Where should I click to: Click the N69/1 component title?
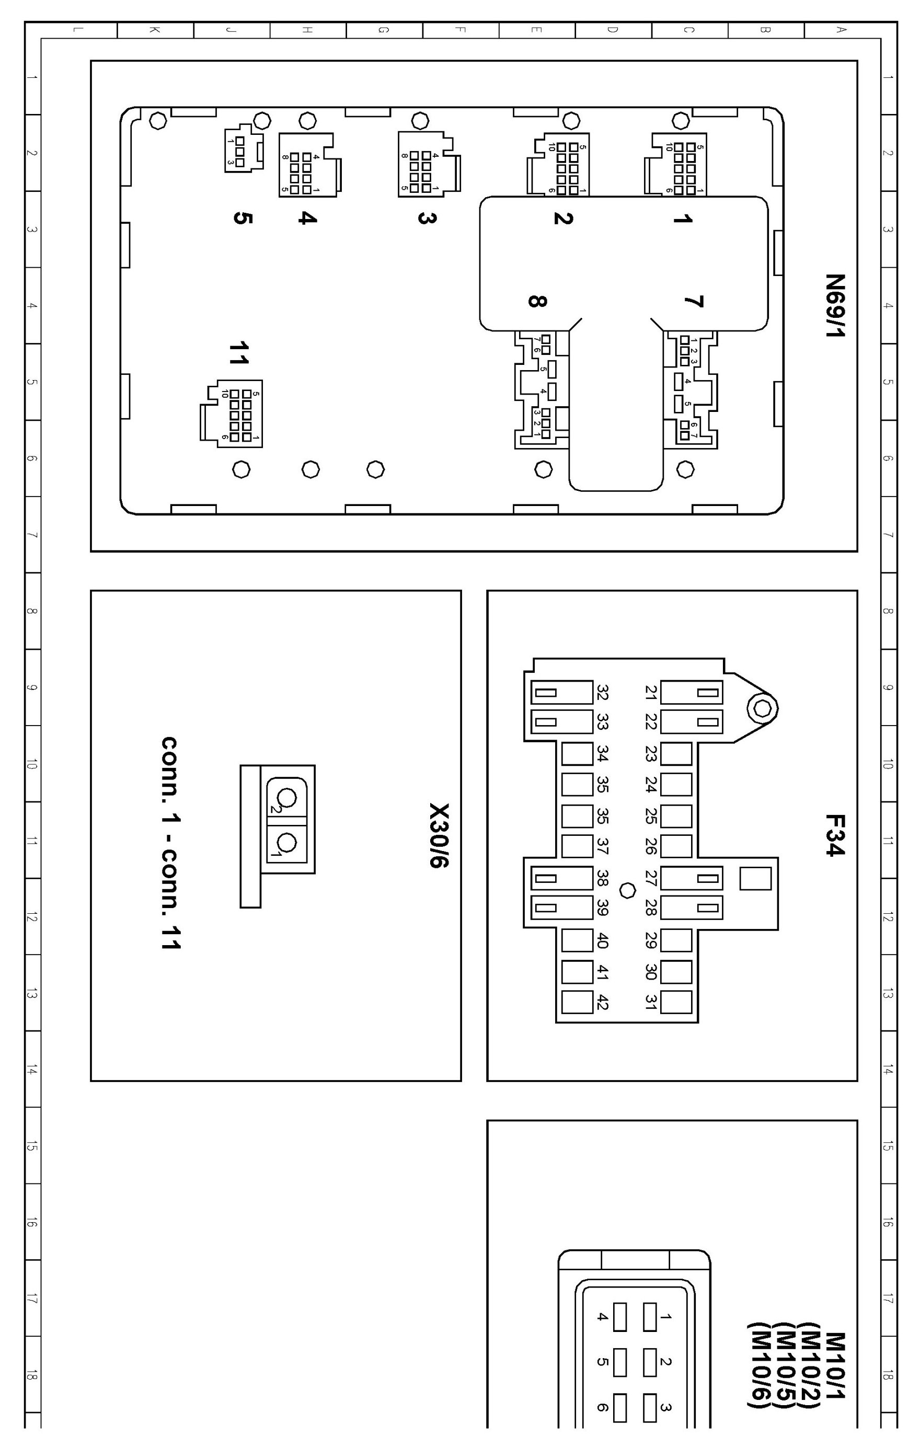click(x=835, y=305)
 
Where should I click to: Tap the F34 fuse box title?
click(x=835, y=834)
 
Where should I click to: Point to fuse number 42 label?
click(x=602, y=1002)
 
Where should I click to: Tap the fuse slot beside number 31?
click(x=676, y=1002)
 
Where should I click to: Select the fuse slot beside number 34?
click(x=577, y=754)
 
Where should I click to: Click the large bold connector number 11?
click(x=239, y=353)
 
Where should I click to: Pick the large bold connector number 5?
click(x=242, y=218)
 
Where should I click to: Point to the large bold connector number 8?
click(x=536, y=301)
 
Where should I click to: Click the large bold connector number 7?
click(x=694, y=302)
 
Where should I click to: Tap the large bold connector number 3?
click(x=427, y=218)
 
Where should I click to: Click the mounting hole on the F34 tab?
click(x=762, y=708)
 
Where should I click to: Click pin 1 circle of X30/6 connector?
click(x=287, y=843)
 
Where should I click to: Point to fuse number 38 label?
click(x=602, y=878)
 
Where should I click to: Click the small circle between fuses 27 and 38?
click(x=627, y=891)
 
